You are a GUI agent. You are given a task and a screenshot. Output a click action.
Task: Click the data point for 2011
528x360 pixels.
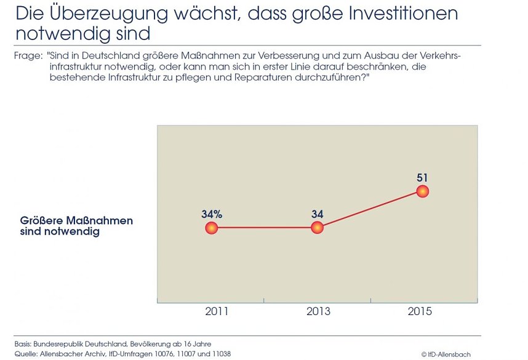coord(211,228)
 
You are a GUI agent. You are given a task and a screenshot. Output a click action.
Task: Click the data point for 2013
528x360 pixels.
coord(317,228)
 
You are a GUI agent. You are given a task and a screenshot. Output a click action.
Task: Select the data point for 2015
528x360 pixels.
coord(422,191)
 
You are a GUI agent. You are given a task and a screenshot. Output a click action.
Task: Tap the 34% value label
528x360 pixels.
coord(211,214)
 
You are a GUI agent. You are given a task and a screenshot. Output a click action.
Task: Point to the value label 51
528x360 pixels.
coord(422,178)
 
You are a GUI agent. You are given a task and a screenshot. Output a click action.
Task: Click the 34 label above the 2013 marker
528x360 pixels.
coord(317,214)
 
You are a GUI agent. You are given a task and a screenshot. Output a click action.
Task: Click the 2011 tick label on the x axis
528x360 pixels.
coord(216,311)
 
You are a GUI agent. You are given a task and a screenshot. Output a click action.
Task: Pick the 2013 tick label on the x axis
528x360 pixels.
coord(318,311)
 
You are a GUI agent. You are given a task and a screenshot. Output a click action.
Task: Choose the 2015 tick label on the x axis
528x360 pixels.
coord(420,311)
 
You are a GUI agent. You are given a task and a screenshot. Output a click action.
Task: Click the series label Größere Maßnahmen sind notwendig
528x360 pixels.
coord(76,226)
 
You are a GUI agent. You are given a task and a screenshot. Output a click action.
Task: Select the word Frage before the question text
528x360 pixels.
coord(27,56)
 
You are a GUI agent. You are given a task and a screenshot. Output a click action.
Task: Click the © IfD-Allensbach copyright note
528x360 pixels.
coord(447,354)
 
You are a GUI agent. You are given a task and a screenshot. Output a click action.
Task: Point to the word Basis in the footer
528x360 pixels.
coord(23,343)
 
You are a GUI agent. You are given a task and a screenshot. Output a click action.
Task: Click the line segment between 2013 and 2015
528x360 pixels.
coord(369,210)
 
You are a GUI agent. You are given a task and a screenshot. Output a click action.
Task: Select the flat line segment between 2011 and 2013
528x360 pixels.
coord(264,228)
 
